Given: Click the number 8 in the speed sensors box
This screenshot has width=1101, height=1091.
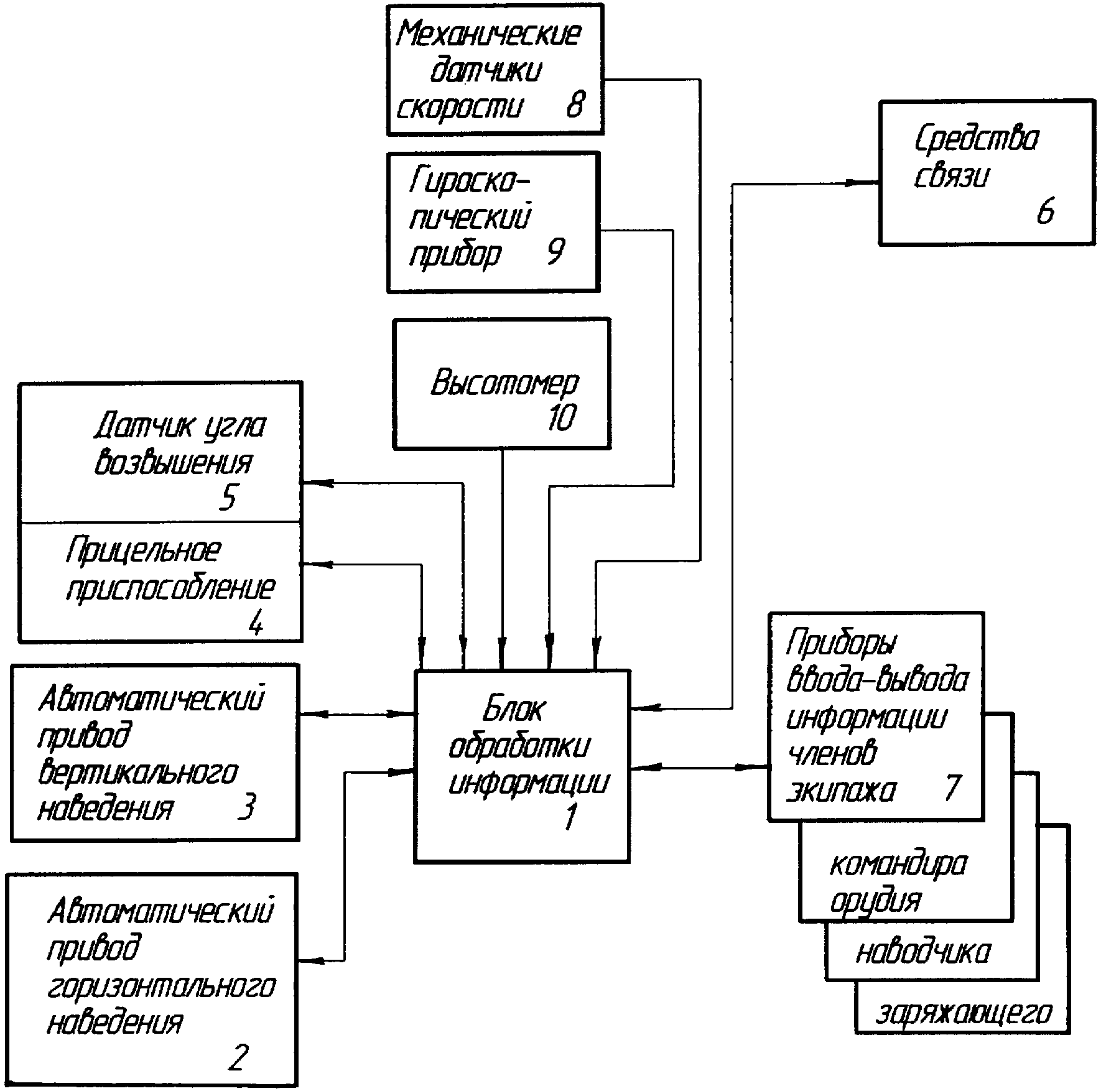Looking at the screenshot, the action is [575, 104].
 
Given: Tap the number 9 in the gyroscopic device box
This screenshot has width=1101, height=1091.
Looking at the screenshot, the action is [555, 251].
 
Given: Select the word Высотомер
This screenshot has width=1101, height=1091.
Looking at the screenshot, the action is [504, 383].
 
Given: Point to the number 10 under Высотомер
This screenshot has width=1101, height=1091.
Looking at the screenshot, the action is [562, 417].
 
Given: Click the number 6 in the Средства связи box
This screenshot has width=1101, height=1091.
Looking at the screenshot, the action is [1045, 211].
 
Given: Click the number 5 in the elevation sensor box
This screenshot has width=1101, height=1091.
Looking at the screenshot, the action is [228, 497].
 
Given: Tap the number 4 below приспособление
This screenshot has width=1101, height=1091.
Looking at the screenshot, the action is [255, 621].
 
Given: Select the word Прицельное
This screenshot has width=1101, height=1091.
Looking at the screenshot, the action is [144, 550].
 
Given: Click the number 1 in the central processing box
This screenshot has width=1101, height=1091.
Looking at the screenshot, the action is [570, 816].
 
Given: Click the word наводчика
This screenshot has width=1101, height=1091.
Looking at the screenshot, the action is [923, 951].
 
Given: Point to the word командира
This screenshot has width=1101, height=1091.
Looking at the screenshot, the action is [899, 864].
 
